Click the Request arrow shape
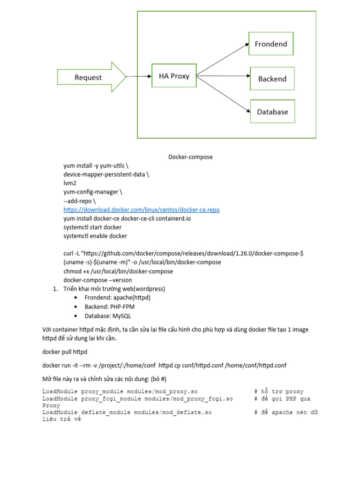click(89, 77)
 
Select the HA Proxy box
click(174, 76)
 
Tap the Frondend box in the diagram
click(271, 44)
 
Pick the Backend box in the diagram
click(272, 79)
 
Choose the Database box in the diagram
click(272, 112)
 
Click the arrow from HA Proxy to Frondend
click(223, 60)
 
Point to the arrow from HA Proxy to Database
click(223, 94)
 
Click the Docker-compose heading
click(190, 157)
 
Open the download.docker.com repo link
click(142, 210)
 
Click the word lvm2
click(70, 183)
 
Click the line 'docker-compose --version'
click(97, 280)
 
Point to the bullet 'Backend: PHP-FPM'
click(110, 307)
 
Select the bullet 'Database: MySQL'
click(108, 315)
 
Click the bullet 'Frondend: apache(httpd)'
click(118, 298)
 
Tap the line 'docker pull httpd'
click(65, 352)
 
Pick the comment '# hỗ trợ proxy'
click(279, 391)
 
